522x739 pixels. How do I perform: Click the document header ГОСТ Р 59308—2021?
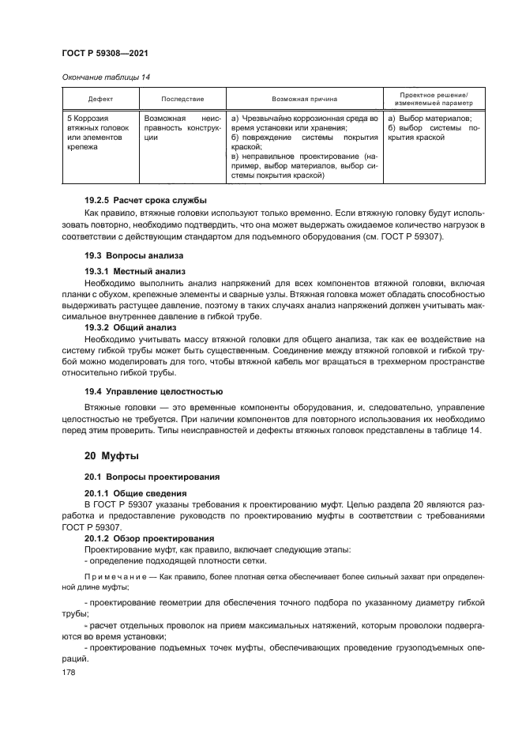[105, 54]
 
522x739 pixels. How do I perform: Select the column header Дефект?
[99, 99]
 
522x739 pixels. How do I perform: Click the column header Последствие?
[182, 99]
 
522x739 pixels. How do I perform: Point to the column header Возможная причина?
[304, 99]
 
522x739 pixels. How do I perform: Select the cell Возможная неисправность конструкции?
[182, 126]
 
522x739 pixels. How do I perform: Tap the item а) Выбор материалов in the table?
[430, 117]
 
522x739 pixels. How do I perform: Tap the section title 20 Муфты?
[111, 456]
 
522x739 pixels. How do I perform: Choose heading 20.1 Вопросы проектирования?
[145, 477]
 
